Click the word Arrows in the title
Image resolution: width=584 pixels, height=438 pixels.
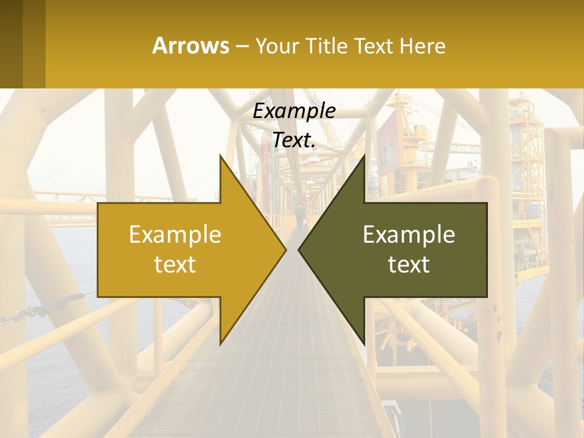(190, 46)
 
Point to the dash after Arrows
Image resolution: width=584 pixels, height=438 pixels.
(242, 46)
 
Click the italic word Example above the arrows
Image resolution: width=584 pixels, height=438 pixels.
(294, 111)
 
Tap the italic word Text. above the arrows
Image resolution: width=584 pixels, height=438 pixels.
(294, 140)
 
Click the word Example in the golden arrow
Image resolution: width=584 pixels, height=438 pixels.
(175, 234)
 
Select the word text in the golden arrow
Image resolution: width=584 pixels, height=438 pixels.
(175, 264)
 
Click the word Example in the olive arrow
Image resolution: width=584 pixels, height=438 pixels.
(409, 234)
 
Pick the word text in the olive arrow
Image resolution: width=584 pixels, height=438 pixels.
(409, 264)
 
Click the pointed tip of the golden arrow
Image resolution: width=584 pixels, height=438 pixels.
(286, 249)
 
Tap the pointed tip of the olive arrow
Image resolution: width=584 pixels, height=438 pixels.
(298, 249)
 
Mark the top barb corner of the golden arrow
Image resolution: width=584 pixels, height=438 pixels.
(220, 155)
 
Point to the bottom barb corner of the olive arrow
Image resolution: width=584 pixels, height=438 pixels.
(364, 344)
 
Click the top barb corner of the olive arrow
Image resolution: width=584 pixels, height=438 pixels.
(364, 155)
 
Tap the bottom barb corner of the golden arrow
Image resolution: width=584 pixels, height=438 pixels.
(220, 344)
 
